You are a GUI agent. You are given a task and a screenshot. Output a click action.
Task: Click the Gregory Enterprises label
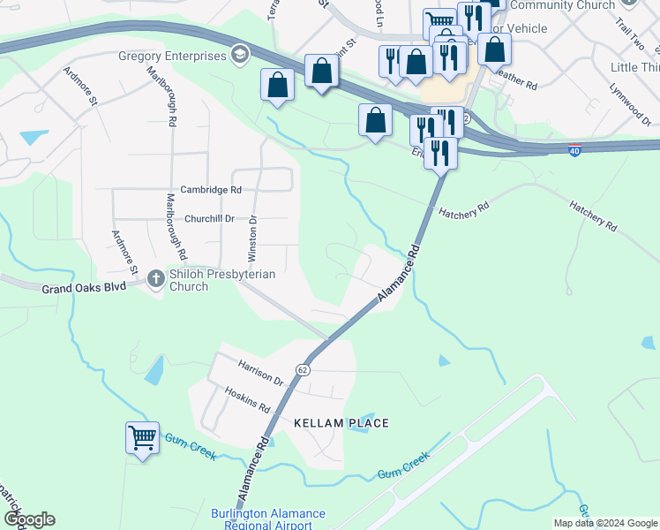(x=173, y=57)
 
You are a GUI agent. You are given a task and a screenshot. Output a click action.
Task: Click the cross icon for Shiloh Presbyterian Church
(x=155, y=280)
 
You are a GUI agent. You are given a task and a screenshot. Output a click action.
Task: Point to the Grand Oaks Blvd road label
(x=85, y=288)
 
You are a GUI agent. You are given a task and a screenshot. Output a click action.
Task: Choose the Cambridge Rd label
(x=211, y=189)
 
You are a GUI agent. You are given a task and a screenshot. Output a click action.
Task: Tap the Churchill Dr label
(x=209, y=218)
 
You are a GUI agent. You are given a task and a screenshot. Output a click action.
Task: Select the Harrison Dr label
(x=259, y=373)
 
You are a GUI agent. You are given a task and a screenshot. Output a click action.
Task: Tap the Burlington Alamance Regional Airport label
(x=268, y=519)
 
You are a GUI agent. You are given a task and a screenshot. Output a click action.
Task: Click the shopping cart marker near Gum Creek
(x=143, y=438)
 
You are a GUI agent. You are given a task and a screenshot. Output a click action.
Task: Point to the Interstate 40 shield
(x=574, y=150)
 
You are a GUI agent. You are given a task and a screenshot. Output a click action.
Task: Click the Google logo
(x=29, y=519)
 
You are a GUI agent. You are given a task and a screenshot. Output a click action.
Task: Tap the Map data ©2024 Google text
(x=605, y=523)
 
